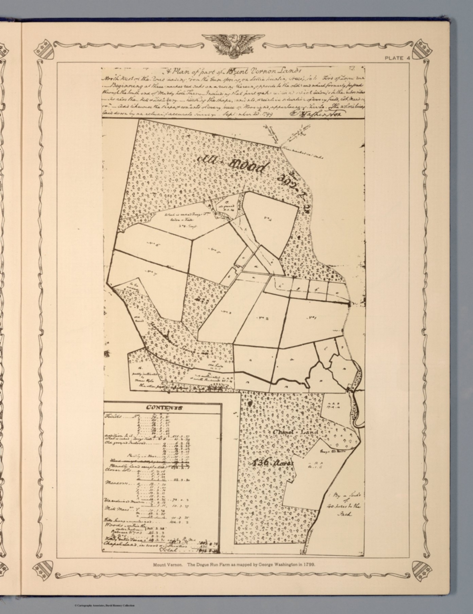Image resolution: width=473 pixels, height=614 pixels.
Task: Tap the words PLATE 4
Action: tap(397, 58)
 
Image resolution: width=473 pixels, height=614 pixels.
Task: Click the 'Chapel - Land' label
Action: tap(295, 432)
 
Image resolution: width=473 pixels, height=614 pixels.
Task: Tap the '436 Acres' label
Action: tap(272, 463)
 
